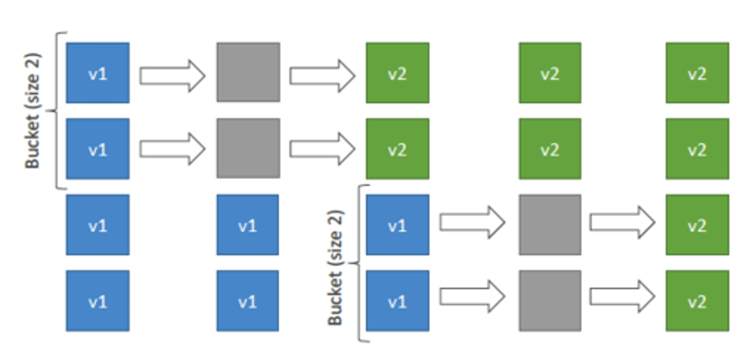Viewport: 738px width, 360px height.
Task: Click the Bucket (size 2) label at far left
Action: (x=32, y=110)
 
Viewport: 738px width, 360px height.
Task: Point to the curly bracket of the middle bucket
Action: (x=361, y=263)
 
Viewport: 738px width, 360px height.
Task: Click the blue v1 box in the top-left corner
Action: (x=97, y=73)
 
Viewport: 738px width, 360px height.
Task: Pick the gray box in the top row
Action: (x=248, y=72)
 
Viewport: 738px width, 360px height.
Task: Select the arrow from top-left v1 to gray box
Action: (x=172, y=75)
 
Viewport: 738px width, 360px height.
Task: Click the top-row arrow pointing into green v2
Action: (x=322, y=75)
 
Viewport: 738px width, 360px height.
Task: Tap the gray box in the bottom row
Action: (x=549, y=301)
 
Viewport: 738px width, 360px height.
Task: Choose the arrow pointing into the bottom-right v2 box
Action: (x=622, y=296)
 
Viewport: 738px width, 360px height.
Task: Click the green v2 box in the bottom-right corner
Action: (x=697, y=301)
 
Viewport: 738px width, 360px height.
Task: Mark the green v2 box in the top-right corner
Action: (x=697, y=73)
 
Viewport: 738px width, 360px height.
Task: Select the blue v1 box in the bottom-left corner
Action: (x=97, y=301)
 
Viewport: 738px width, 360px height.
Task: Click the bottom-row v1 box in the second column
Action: (x=248, y=301)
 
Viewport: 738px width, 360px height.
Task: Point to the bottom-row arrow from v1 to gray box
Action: (x=472, y=296)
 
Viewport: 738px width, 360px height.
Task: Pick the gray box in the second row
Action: (x=248, y=148)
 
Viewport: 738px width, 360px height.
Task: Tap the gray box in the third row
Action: (x=549, y=225)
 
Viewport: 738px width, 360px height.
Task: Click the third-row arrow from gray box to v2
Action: (x=622, y=222)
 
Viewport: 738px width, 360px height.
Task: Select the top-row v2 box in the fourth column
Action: (x=549, y=73)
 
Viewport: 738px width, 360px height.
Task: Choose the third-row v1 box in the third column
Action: (x=397, y=225)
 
